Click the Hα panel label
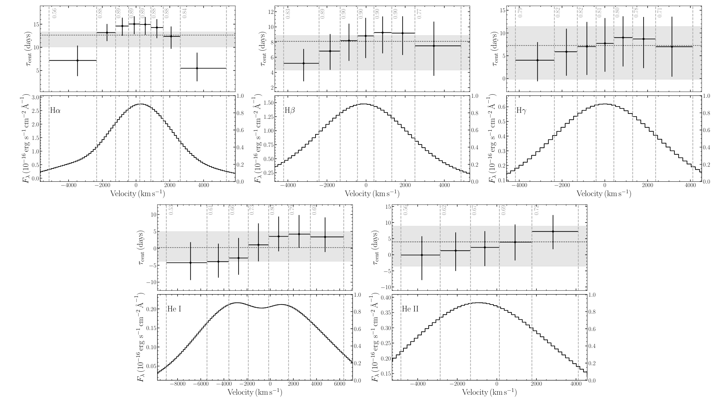(x=55, y=110)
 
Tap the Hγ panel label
(x=521, y=110)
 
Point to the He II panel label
(x=410, y=309)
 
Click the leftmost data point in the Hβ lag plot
(x=304, y=63)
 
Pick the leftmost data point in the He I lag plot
(x=190, y=263)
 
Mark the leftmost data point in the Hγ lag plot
(x=537, y=60)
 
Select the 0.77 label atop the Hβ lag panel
(x=420, y=14)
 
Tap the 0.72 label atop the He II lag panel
(x=536, y=210)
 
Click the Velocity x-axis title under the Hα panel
(x=137, y=194)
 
